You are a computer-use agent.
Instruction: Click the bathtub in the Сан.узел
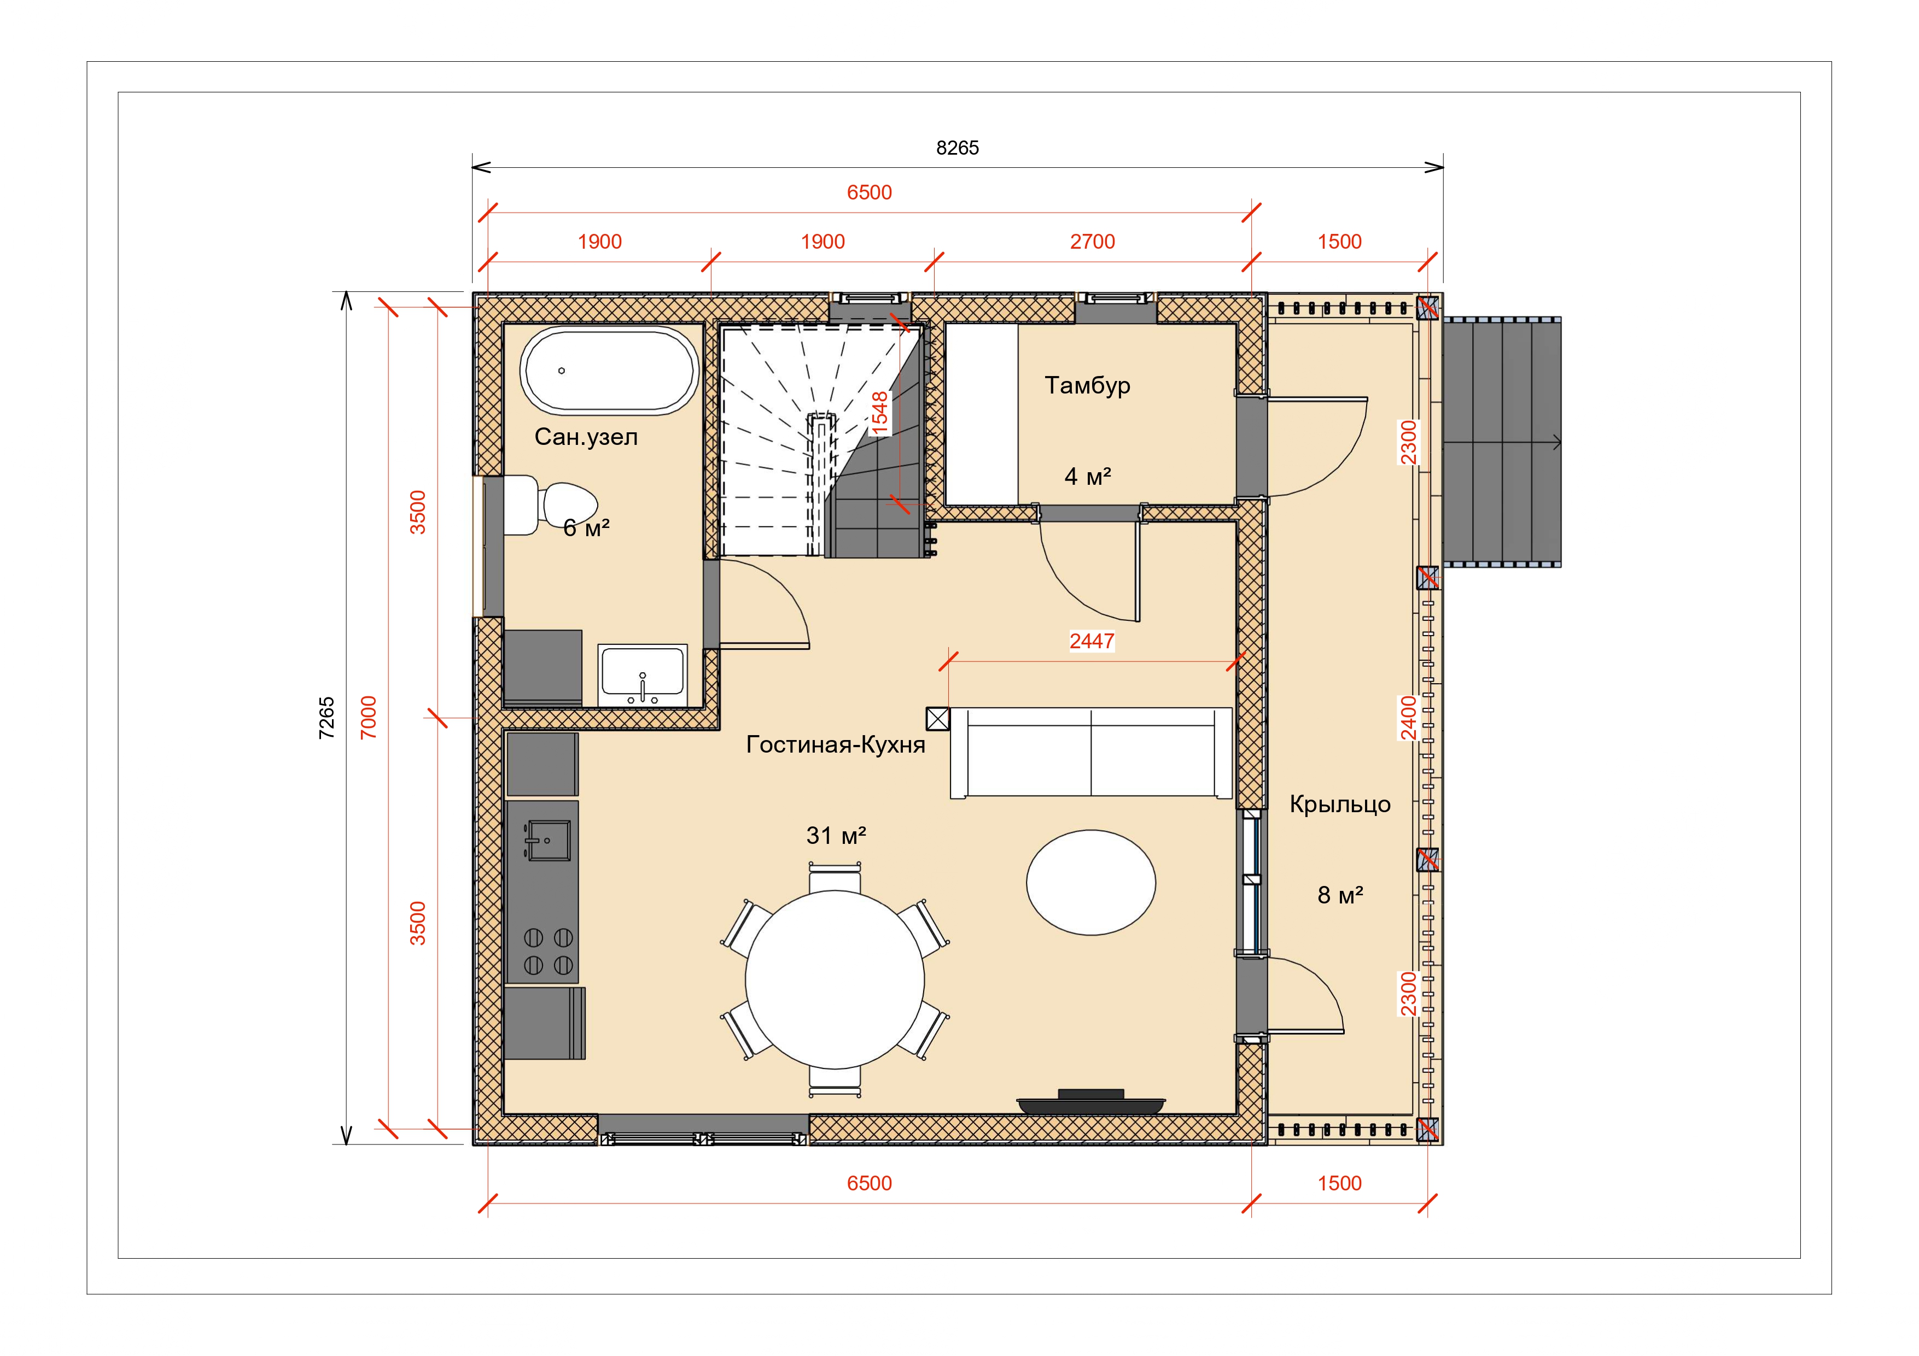609,370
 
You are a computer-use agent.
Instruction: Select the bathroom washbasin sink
642,675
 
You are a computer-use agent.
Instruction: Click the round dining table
835,979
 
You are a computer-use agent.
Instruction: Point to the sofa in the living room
1090,753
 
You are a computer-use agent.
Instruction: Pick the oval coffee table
1090,882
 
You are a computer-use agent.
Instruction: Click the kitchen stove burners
549,951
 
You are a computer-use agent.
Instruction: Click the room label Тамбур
1087,385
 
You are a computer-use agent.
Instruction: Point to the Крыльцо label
1340,804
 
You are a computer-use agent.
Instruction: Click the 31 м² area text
836,836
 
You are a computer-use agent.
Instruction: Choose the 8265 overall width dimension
957,148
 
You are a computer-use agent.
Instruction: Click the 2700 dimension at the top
1093,242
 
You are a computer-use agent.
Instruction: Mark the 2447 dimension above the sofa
1092,641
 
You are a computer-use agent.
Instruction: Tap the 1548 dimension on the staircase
879,414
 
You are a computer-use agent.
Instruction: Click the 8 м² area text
1340,895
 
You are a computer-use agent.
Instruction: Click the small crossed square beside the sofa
938,719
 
